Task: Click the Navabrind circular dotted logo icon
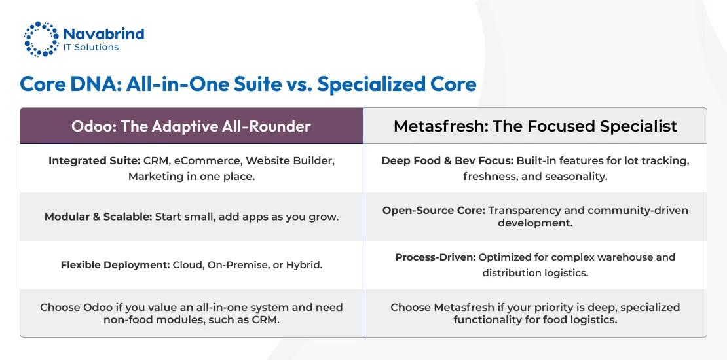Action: click(41, 39)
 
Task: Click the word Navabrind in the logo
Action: click(103, 33)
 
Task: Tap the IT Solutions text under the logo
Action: click(91, 48)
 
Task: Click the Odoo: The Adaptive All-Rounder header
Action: click(191, 126)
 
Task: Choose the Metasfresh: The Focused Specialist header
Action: click(535, 126)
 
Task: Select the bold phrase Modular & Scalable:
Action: click(98, 217)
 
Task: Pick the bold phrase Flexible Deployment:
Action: click(115, 265)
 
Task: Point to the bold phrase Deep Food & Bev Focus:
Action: click(447, 161)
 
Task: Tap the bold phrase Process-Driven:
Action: click(436, 257)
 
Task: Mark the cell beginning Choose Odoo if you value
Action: click(191, 314)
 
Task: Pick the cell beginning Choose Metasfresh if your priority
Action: click(535, 314)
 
